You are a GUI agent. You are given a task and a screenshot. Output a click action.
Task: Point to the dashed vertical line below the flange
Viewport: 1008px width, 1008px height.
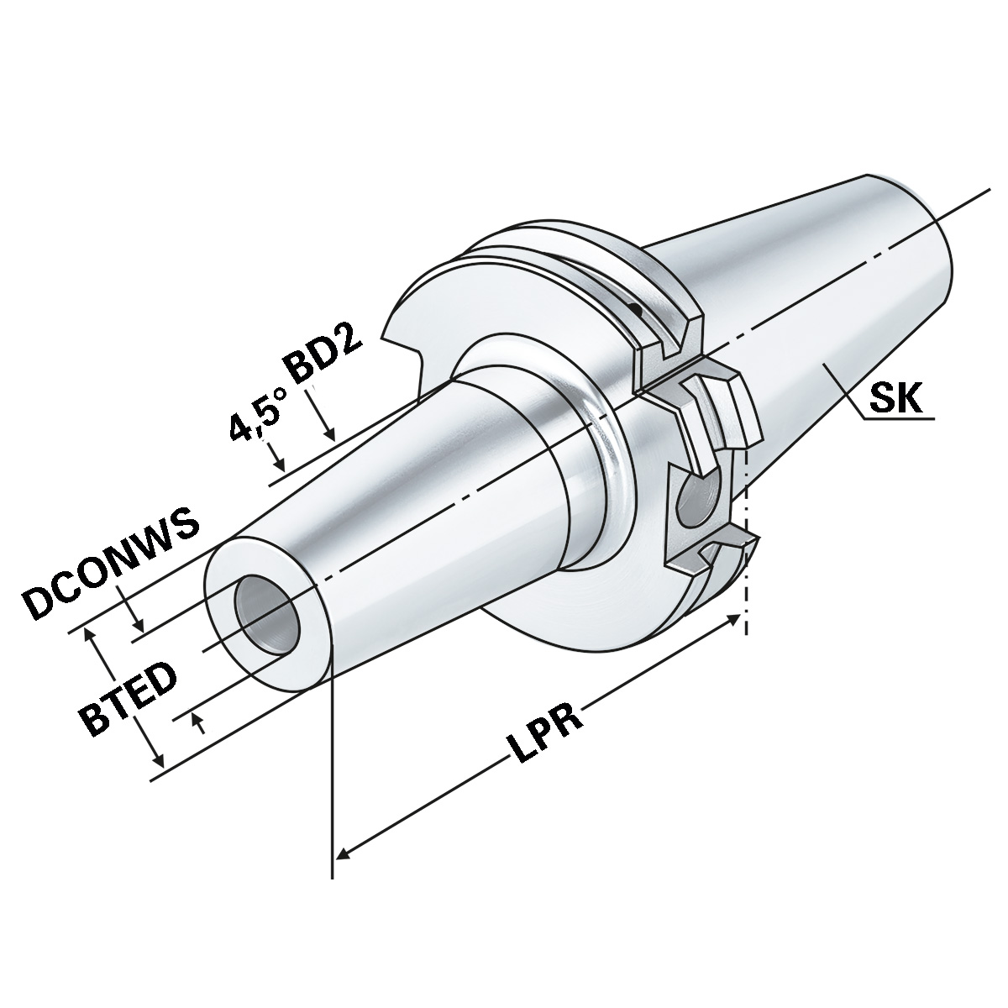click(x=745, y=538)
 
